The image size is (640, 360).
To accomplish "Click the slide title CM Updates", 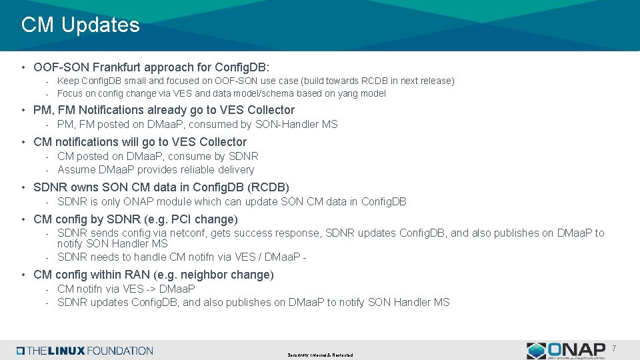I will tap(80, 25).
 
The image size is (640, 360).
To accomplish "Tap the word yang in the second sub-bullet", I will tap(346, 93).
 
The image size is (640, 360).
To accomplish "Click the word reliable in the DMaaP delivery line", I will tap(197, 169).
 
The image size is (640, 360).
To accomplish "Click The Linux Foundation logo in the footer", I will tap(85, 351).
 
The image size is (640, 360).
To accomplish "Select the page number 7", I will tap(614, 347).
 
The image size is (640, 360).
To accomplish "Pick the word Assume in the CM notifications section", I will tap(76, 169).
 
